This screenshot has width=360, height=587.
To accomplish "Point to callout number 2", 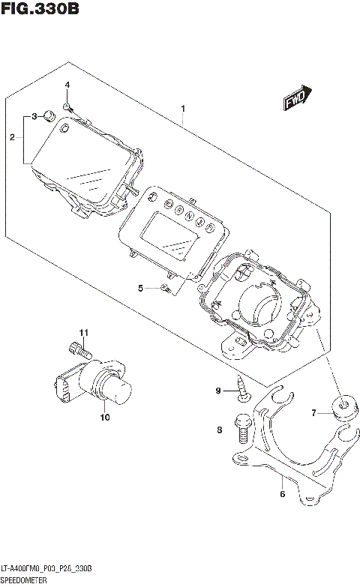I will tap(12, 137).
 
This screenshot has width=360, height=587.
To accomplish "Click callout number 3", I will tap(34, 117).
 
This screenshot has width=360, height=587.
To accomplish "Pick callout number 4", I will tap(67, 85).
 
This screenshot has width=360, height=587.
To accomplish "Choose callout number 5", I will tap(140, 288).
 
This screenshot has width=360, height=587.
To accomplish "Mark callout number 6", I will tap(282, 494).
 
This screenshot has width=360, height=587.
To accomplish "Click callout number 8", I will tap(220, 430).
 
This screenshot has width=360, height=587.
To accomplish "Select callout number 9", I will tap(218, 391).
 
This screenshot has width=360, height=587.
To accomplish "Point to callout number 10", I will tap(104, 417).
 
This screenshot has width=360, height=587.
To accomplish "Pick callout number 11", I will tap(85, 332).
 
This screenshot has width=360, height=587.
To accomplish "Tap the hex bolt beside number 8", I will tap(242, 429).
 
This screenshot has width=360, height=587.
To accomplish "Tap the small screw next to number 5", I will tap(166, 288).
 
